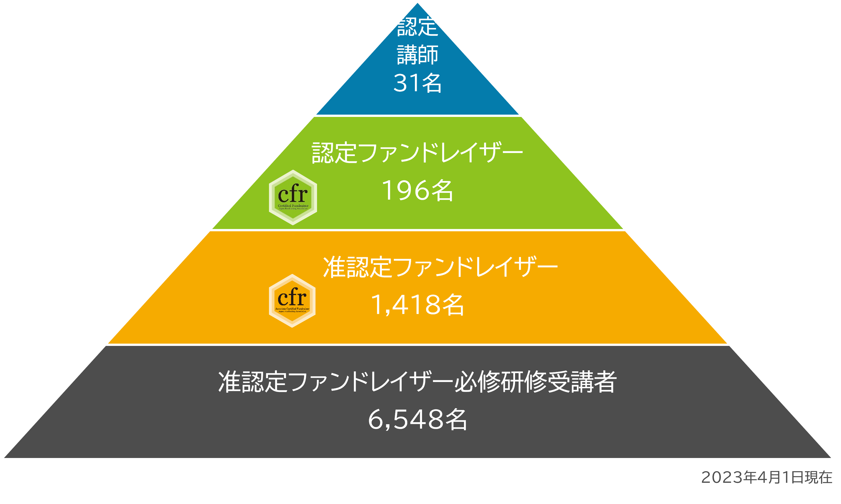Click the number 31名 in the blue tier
coord(417,83)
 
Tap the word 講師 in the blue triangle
coord(417,55)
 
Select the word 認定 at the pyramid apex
coord(417,27)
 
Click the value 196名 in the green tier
coord(417,191)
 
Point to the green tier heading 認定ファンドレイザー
coord(417,153)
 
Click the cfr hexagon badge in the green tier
coord(293,197)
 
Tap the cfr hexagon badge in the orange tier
coord(292,301)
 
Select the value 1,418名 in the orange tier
coord(417,305)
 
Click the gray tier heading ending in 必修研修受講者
coord(417,382)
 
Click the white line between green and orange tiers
coord(417,230)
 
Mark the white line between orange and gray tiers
coord(417,345)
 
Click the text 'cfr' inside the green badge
coord(293,194)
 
